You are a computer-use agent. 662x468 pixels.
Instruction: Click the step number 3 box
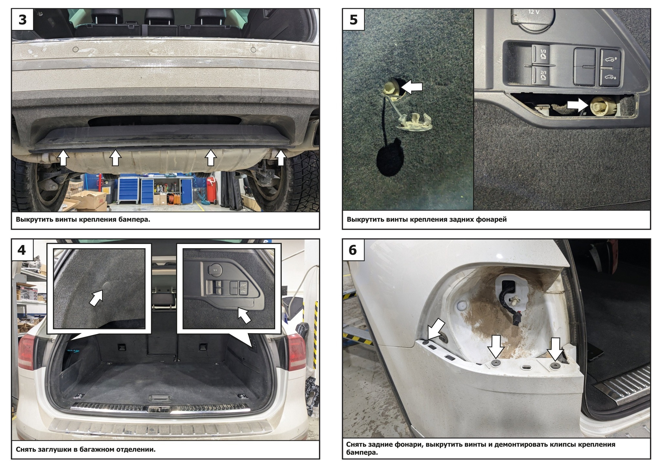(x=22, y=19)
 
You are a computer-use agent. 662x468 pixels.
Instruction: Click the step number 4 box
(x=22, y=250)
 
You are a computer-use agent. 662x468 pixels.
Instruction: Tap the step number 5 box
(x=353, y=19)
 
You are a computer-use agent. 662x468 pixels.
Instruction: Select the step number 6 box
(x=353, y=250)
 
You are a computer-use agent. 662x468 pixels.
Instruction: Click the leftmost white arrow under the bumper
(x=63, y=158)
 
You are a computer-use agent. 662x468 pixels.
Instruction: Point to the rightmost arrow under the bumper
(x=281, y=158)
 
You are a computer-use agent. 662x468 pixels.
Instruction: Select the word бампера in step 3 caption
(x=135, y=219)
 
